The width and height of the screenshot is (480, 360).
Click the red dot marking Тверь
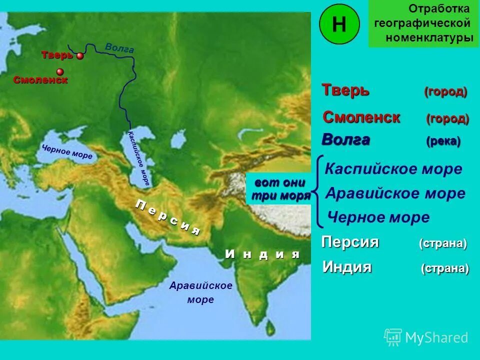point(80,56)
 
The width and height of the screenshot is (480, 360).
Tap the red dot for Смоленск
point(60,71)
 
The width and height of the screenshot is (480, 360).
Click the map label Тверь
point(57,55)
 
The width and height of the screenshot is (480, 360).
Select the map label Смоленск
point(40,80)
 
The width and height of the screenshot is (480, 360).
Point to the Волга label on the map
point(119,48)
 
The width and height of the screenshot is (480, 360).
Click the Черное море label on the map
point(67,152)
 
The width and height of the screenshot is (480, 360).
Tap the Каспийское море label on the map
point(139,157)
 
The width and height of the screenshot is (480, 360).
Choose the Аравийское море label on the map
point(200,292)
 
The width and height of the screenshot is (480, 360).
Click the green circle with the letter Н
point(338,23)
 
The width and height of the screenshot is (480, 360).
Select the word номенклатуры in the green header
point(429,38)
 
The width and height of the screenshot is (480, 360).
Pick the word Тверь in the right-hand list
point(345,90)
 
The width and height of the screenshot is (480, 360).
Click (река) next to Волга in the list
point(443,141)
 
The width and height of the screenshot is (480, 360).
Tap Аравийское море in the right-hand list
point(395,193)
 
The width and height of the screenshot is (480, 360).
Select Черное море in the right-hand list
point(378,217)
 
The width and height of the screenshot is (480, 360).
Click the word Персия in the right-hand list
point(350,242)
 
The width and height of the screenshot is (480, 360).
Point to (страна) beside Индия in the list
point(444,268)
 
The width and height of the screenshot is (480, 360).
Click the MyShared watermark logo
point(426,337)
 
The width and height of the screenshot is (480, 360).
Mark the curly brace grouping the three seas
point(317,190)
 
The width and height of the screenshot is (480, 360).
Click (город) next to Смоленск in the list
point(447,119)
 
